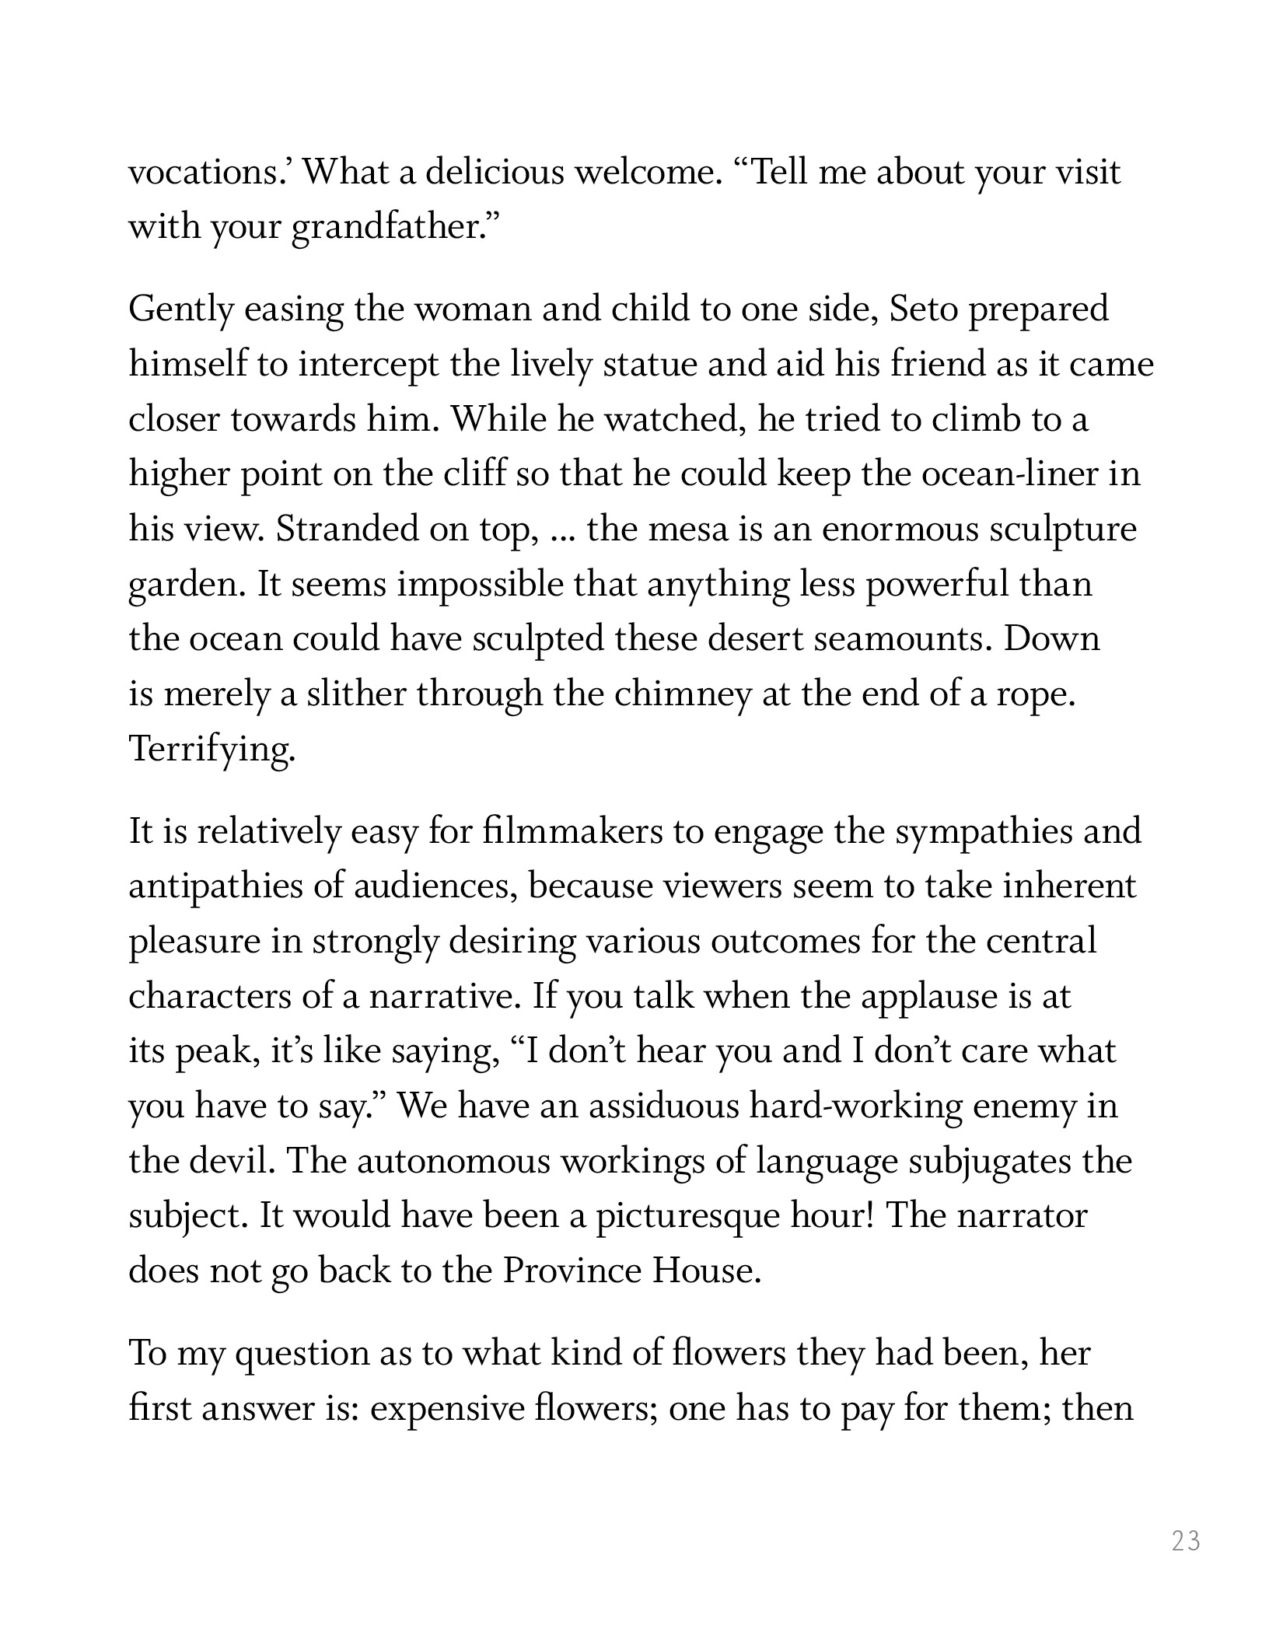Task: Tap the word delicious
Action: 493,172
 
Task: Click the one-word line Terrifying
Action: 212,749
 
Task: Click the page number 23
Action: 1186,1540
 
